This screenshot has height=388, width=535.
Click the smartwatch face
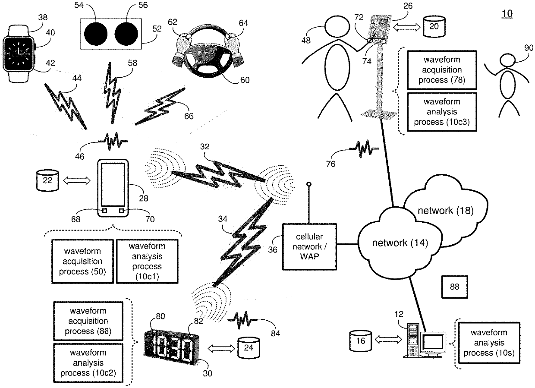19,53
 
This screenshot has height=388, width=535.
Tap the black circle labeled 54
96,34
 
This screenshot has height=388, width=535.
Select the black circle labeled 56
126,34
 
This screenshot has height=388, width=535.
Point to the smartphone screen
113,184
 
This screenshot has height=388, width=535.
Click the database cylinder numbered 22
47,180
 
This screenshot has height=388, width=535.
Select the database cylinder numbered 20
434,26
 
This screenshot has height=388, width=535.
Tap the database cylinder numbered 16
360,341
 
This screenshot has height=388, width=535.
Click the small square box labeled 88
454,287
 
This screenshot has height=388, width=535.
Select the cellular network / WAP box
309,247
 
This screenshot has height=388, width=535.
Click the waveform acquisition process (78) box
442,70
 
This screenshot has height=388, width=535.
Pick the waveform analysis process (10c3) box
442,112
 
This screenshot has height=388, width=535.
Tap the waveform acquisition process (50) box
82,262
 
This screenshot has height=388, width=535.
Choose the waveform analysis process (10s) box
489,343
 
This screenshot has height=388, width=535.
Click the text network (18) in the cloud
445,211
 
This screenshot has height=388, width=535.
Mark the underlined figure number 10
507,14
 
